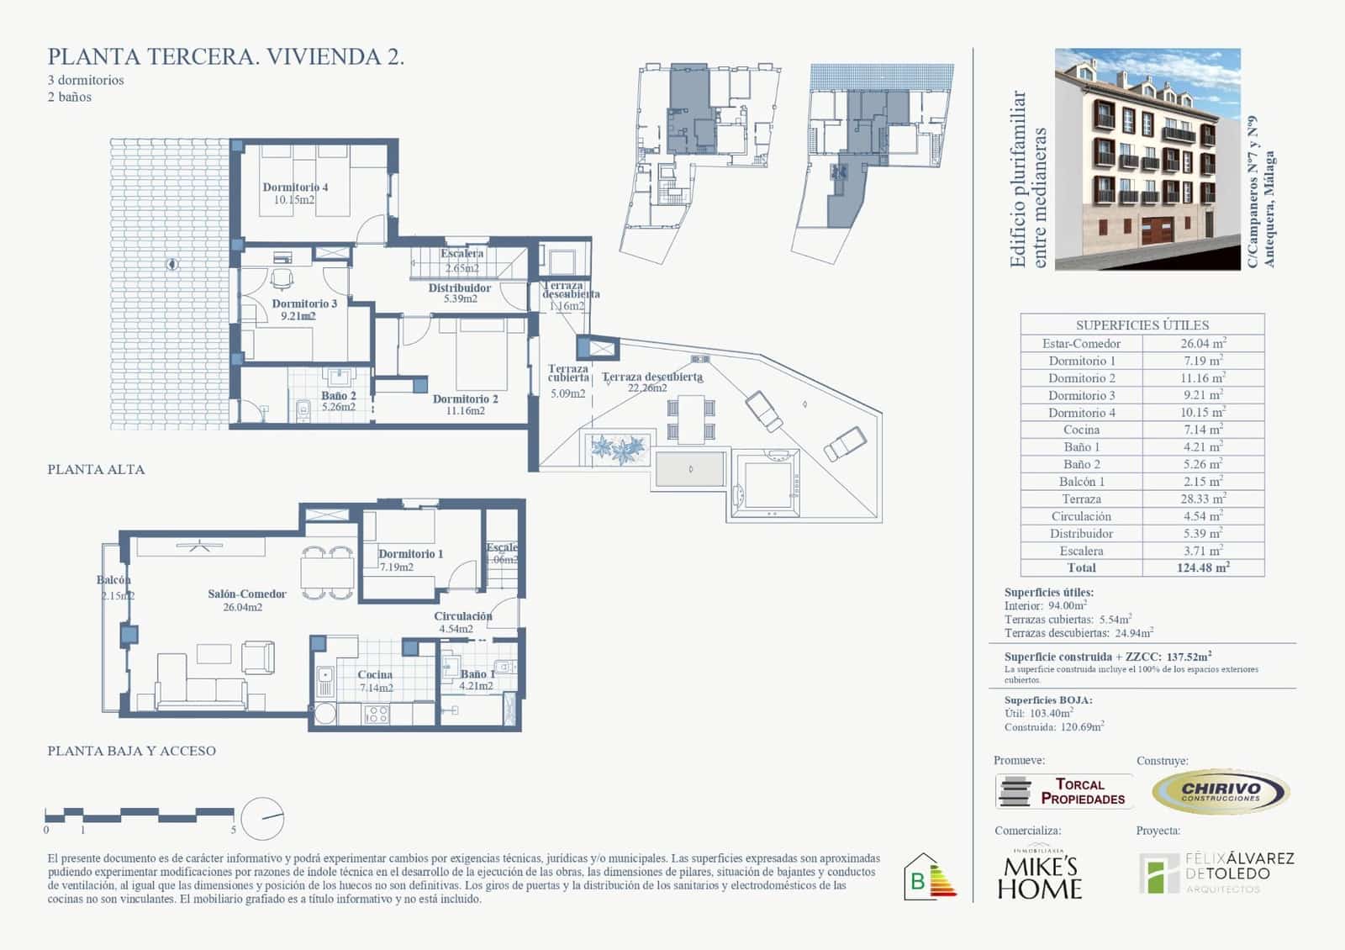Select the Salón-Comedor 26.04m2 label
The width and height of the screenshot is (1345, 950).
coord(246,599)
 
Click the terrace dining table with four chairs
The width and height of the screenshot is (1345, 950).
coord(692,419)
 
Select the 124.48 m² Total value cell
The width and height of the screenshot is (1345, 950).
coord(1203,567)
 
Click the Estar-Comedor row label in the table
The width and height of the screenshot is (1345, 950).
coord(1081,343)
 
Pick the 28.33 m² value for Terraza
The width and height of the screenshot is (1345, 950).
coord(1203,499)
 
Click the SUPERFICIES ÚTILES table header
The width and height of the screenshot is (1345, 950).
coord(1142,325)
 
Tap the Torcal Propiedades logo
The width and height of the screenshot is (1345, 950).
coord(1063,791)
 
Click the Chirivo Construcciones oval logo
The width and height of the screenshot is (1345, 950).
coord(1220,791)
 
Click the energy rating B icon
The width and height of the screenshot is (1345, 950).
coord(929,878)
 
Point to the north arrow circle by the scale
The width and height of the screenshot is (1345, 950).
coord(262,818)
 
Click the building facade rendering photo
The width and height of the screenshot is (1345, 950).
coord(1147,159)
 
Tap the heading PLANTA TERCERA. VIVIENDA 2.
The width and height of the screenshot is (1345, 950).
coord(226,57)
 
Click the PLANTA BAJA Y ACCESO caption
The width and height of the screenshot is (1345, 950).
coord(131,751)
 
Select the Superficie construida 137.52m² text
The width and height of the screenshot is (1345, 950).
coord(1107,657)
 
